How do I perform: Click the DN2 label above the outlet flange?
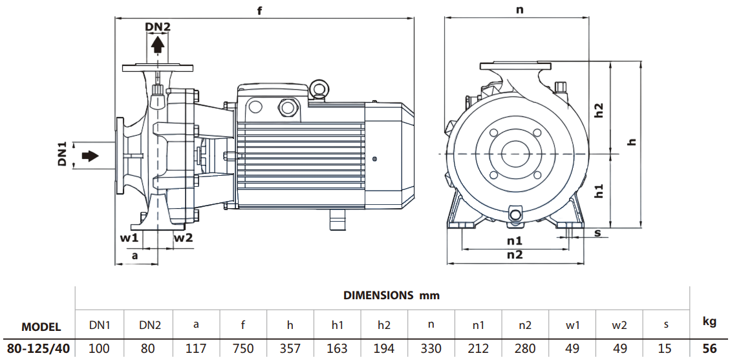pos(157,26)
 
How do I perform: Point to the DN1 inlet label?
pos(63,156)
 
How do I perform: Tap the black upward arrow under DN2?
pos(157,45)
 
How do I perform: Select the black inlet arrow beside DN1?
pos(90,156)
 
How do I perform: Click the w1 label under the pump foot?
pos(129,238)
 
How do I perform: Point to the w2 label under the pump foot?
pos(184,238)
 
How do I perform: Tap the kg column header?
pos(709,321)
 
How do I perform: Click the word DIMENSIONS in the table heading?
pos(378,295)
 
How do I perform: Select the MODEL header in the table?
pos(41,327)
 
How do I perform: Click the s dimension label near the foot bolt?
pos(598,232)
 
